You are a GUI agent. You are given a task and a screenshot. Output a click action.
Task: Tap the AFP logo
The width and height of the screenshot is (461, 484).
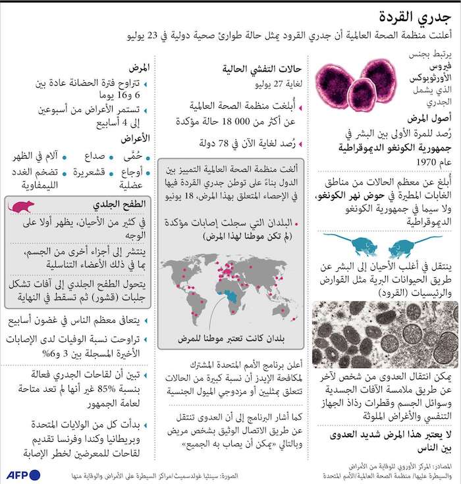coord(24,475)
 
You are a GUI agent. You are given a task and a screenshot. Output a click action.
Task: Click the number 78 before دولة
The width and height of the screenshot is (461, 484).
coord(232,142)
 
